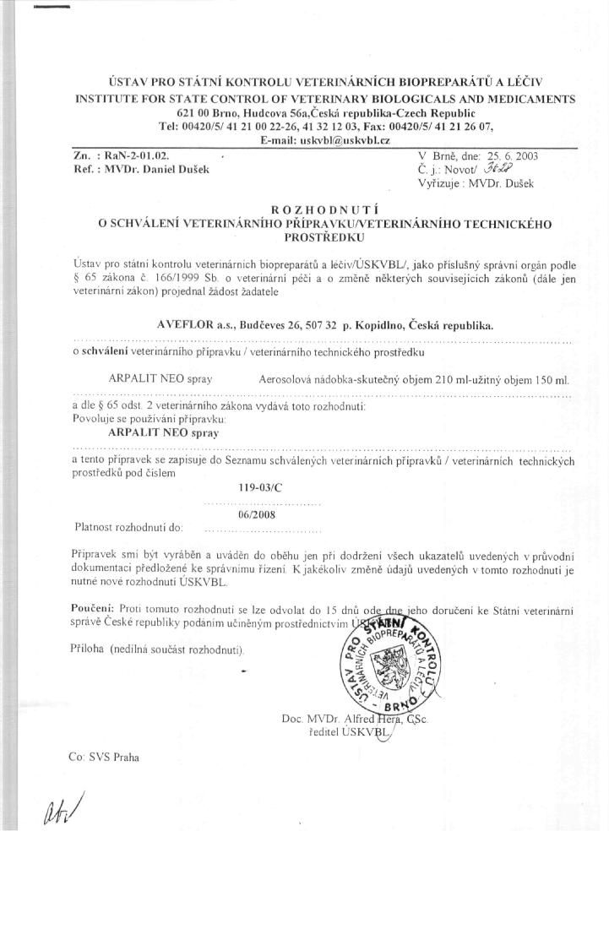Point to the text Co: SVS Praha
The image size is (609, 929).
coord(105,757)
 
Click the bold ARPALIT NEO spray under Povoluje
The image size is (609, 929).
coord(164,432)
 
